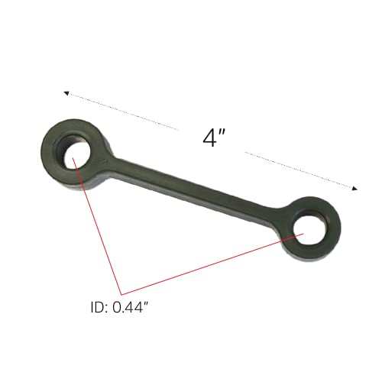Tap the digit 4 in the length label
tap(209, 138)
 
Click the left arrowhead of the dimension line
tap(66, 95)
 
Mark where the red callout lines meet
tap(121, 294)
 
